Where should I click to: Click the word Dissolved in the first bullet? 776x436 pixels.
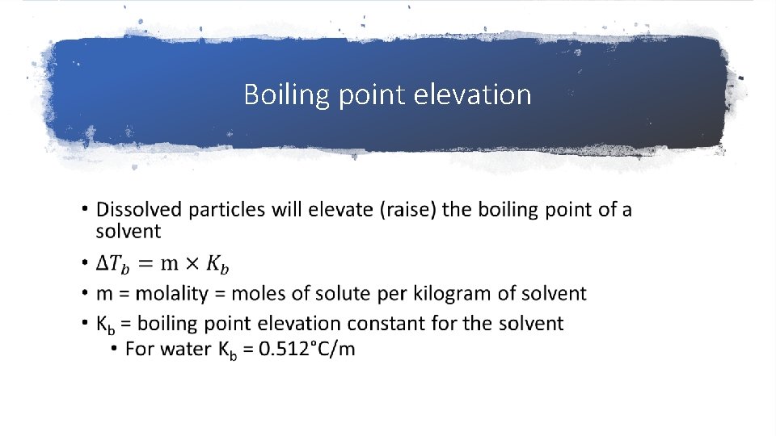(x=139, y=210)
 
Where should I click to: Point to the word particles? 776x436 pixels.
(x=227, y=210)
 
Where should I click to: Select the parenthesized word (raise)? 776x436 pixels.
(x=408, y=210)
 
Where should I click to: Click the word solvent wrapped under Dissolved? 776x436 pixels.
(x=129, y=231)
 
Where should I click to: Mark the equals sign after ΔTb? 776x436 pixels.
(x=145, y=263)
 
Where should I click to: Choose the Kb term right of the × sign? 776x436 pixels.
(x=216, y=264)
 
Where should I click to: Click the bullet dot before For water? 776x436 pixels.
(x=115, y=349)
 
